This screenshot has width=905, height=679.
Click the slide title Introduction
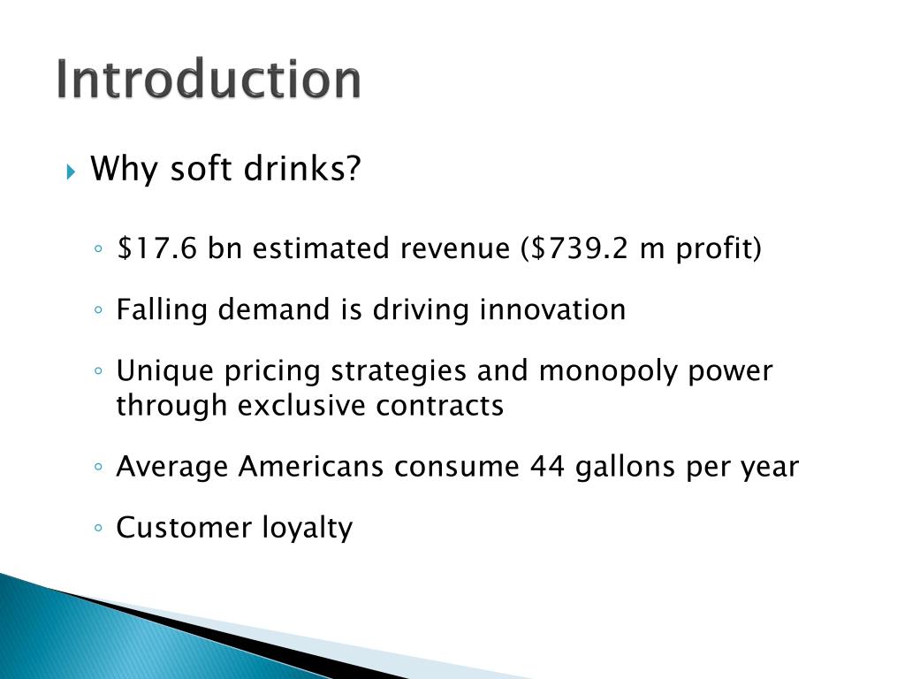209,80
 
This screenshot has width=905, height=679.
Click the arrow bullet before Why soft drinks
72,170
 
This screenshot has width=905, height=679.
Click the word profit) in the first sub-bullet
719,249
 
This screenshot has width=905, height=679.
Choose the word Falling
161,309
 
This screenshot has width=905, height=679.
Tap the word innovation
552,309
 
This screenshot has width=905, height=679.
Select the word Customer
184,527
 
